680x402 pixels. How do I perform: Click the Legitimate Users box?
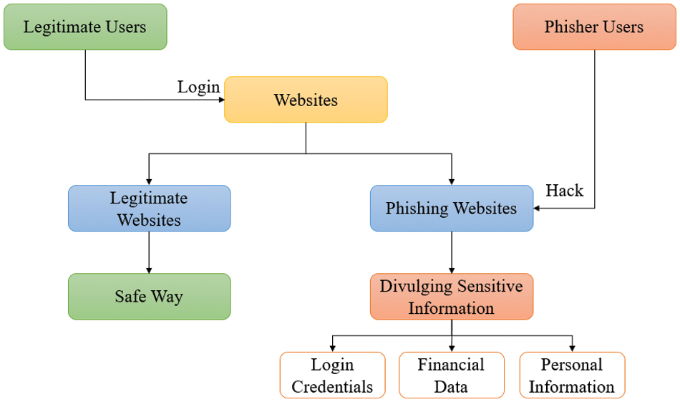click(85, 27)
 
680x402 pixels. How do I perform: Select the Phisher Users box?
click(594, 27)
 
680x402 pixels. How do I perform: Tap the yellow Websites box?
click(306, 100)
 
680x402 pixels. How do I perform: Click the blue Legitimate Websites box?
click(149, 209)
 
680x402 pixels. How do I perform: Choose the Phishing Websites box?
click(451, 209)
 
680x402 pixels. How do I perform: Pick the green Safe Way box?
click(149, 296)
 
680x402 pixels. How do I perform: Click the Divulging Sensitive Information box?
click(451, 296)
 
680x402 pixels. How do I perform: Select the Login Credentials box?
click(332, 375)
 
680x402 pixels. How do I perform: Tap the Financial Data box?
click(451, 375)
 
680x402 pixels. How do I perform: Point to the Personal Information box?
click(571, 375)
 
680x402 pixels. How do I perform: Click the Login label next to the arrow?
click(198, 87)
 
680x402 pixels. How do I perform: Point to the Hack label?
click(565, 191)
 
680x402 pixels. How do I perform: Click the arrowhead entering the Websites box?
click(220, 100)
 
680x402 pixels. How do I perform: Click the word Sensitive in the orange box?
click(492, 287)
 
